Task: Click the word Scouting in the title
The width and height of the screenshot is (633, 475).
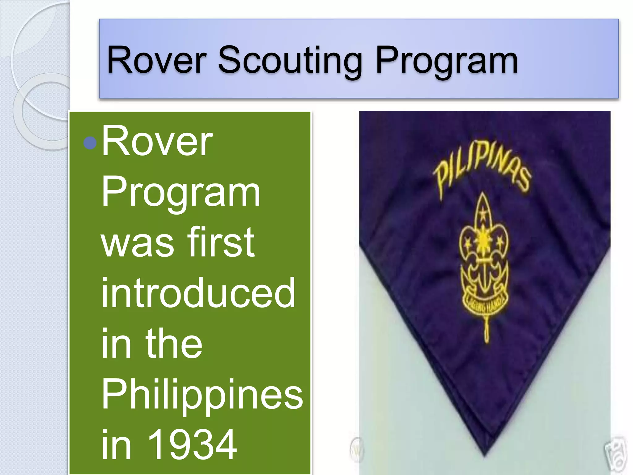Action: pyautogui.click(x=290, y=60)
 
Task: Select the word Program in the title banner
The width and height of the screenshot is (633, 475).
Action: pyautogui.click(x=446, y=60)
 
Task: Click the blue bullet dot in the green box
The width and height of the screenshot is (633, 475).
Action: pyautogui.click(x=90, y=143)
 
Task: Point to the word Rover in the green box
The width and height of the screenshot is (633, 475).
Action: pyautogui.click(x=157, y=142)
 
